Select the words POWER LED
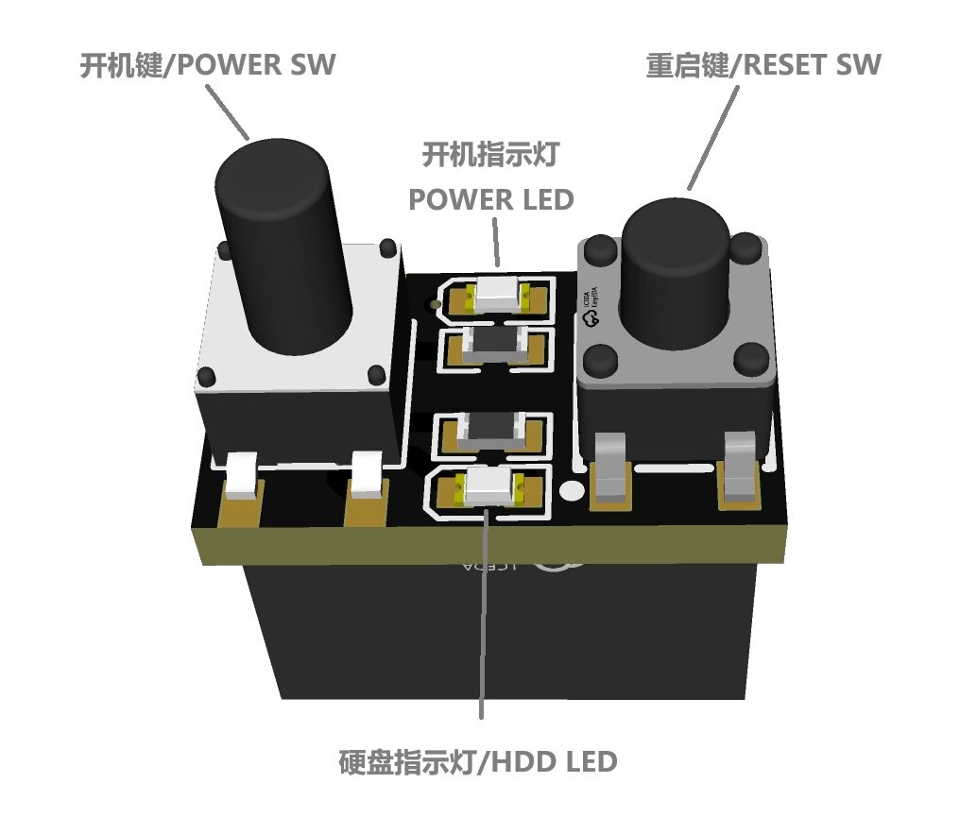coord(490,200)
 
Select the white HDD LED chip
coord(488,486)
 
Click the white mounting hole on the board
coord(571,490)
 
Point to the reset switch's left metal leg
coord(611,468)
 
